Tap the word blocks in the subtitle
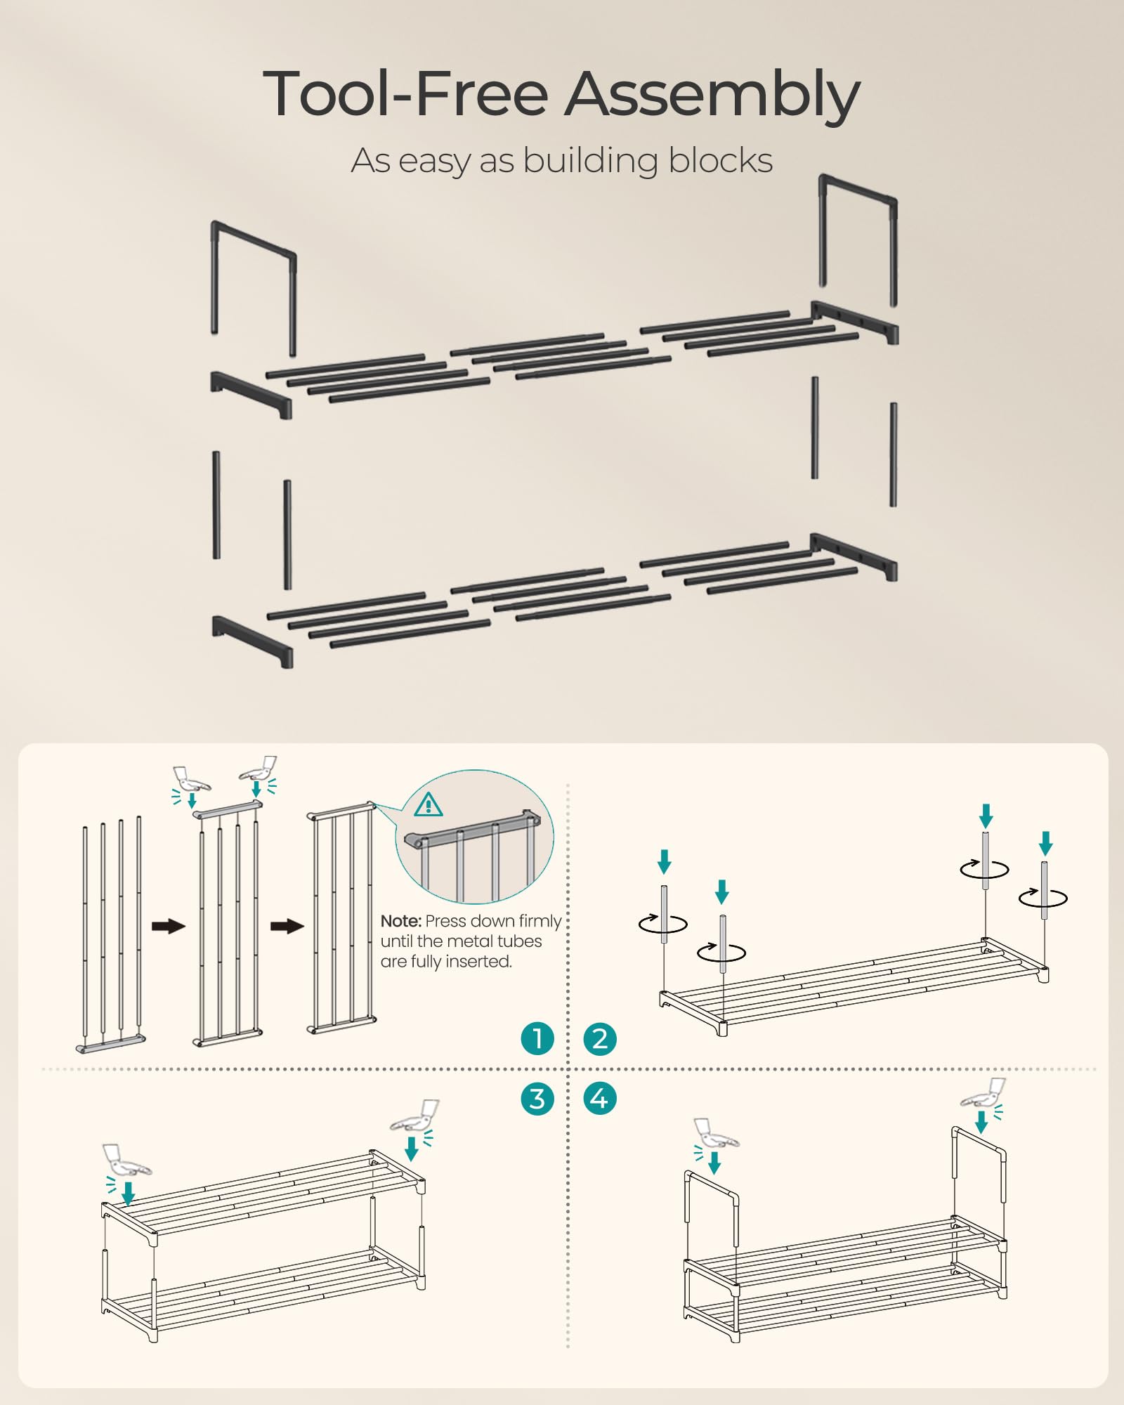click(720, 160)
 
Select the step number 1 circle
click(537, 1038)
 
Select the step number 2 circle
click(600, 1038)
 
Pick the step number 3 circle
click(537, 1099)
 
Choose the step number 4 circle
click(600, 1099)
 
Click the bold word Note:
click(400, 921)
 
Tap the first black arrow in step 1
click(169, 926)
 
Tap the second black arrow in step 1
click(287, 926)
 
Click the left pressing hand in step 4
click(715, 1134)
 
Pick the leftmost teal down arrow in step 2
click(664, 861)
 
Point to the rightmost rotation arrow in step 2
click(1043, 897)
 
